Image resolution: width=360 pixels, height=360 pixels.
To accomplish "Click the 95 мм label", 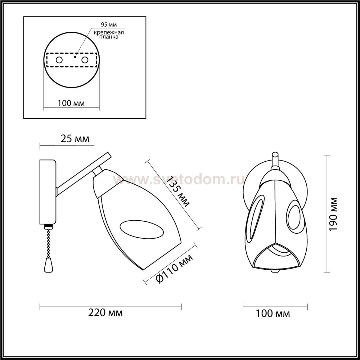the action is [x=109, y=24].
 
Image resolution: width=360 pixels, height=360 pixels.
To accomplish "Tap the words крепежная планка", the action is [x=109, y=35].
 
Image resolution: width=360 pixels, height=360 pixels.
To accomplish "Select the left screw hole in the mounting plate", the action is [x=59, y=60].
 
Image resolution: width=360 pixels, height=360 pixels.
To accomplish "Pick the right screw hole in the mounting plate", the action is [x=85, y=60].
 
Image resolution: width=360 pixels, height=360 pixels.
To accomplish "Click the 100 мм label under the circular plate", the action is [x=71, y=103].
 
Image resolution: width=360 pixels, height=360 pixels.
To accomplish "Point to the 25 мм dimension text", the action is [x=75, y=139].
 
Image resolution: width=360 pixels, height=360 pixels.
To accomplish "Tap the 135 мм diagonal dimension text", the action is [x=178, y=192].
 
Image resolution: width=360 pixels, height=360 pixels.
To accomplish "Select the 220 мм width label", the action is [x=105, y=313].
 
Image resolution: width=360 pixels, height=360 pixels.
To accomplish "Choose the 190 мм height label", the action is [x=333, y=214].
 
